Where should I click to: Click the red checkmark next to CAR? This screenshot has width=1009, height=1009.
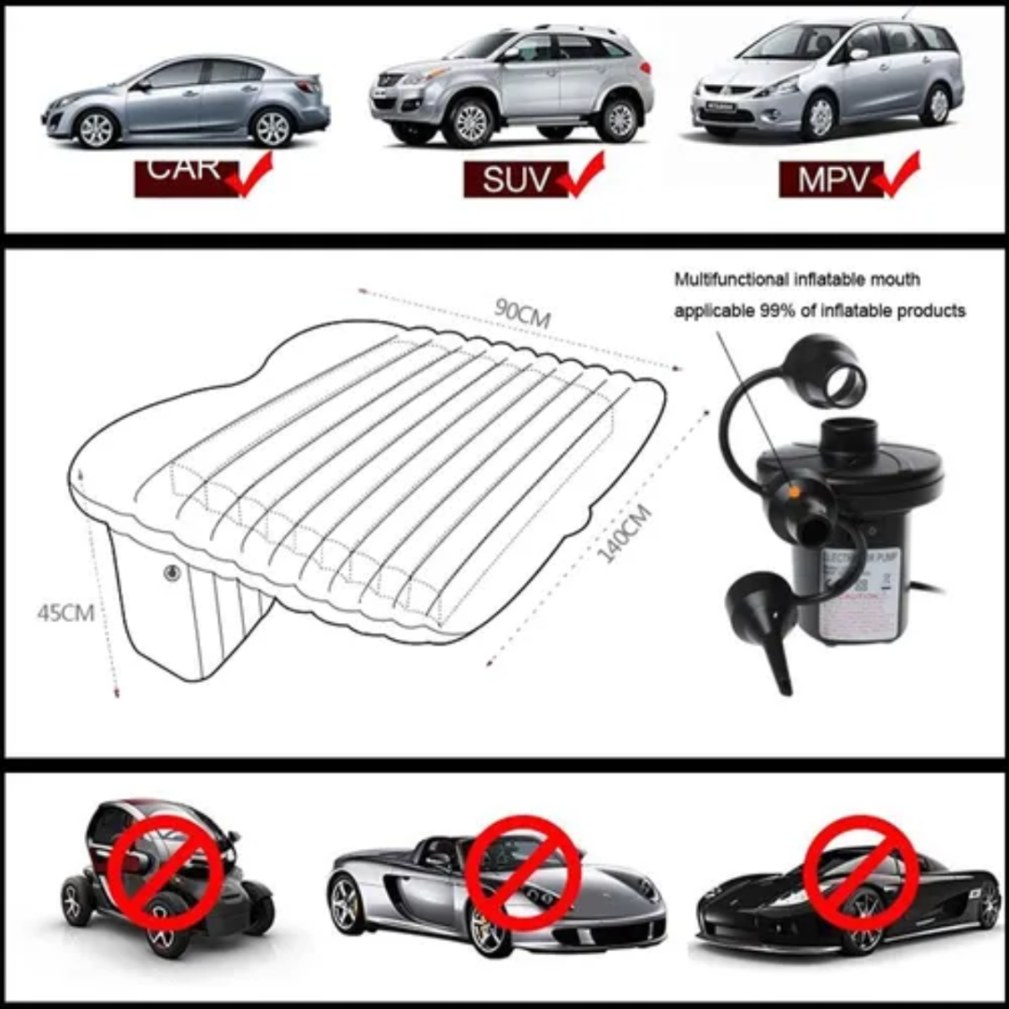pos(249,175)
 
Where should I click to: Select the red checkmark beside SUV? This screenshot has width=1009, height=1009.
pos(585,175)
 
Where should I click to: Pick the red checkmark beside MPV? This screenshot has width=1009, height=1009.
pos(899,175)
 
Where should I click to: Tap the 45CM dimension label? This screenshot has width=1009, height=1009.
pos(65,613)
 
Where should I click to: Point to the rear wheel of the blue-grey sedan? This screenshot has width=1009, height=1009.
pos(273,127)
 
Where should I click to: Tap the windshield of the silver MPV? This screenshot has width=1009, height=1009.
pos(793,43)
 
